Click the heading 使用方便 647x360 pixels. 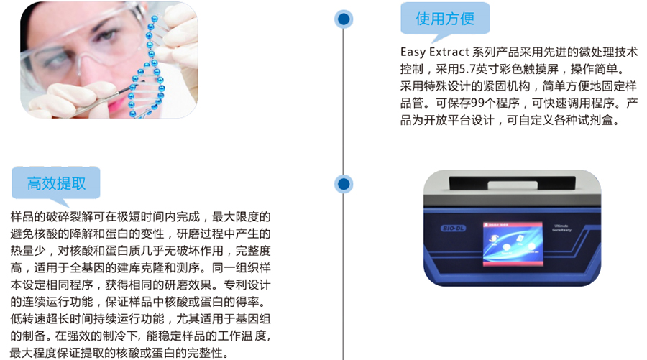(x=445, y=19)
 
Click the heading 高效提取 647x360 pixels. (x=57, y=183)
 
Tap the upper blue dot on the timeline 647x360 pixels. (x=344, y=19)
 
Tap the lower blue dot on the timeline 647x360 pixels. (x=344, y=184)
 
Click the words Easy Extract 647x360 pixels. (x=435, y=52)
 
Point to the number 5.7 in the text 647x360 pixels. (x=467, y=69)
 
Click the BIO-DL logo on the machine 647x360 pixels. (x=454, y=229)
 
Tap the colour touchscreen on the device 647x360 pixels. (x=513, y=244)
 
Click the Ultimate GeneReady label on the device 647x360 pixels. (x=561, y=228)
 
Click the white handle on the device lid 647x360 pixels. (x=513, y=185)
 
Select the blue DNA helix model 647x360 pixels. (x=147, y=66)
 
